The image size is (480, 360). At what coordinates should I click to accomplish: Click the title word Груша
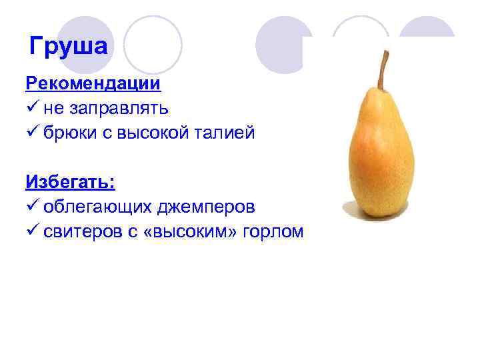tap(68, 47)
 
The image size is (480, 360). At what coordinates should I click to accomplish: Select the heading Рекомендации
tap(93, 84)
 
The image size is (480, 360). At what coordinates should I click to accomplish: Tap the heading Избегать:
tap(70, 181)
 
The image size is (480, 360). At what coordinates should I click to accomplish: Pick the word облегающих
tap(97, 207)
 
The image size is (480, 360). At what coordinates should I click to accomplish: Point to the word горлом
tap(275, 231)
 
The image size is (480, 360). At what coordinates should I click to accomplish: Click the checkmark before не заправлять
tap(33, 108)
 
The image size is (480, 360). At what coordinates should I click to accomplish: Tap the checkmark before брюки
tap(33, 132)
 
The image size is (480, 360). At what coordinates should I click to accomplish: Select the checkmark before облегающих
tap(33, 206)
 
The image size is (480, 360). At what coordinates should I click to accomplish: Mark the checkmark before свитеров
tap(33, 231)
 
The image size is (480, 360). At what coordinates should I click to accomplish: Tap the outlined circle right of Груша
tap(153, 44)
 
